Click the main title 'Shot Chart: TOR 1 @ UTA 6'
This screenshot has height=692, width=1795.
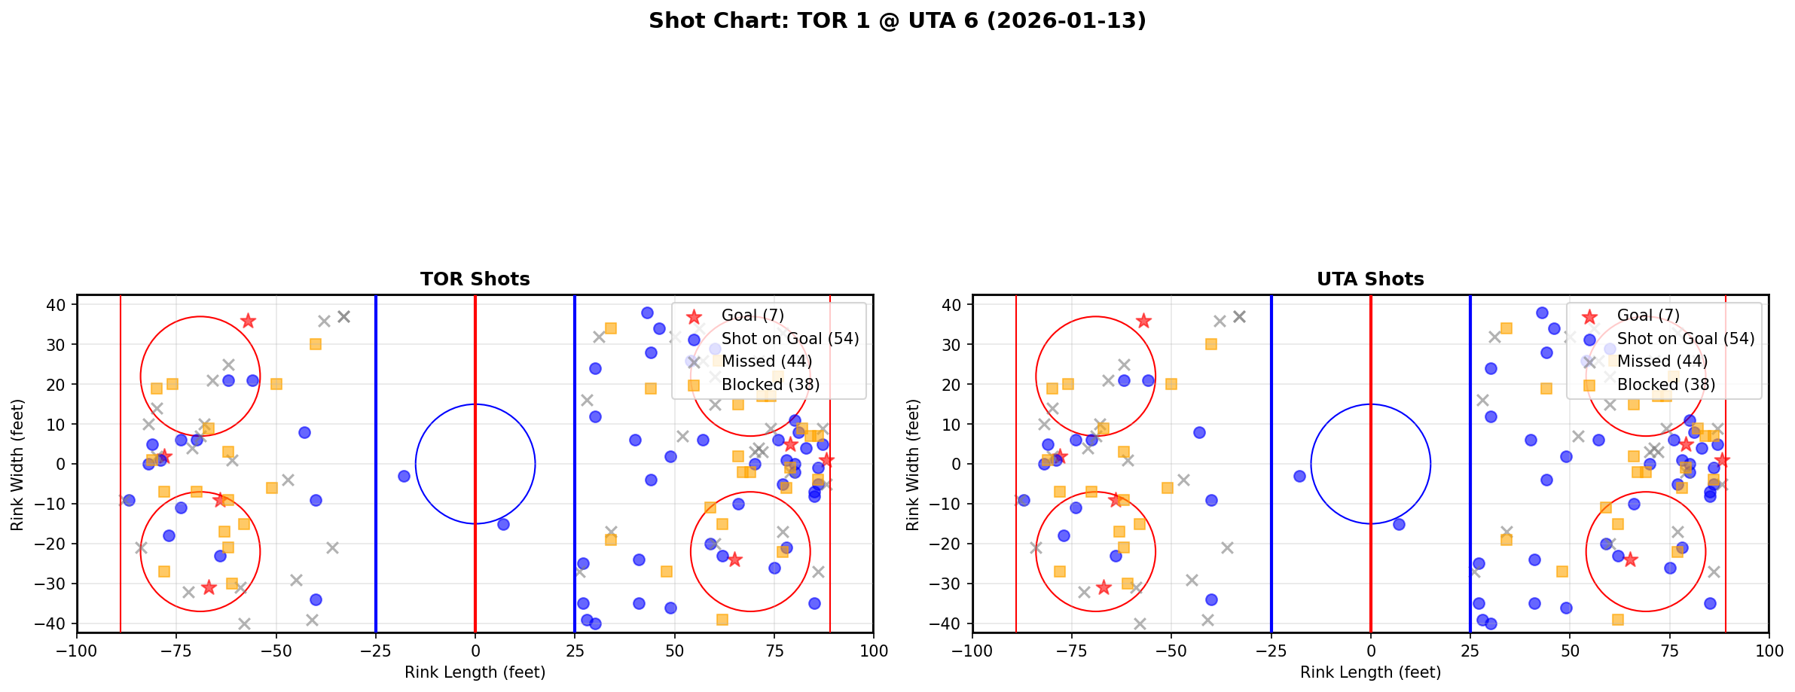(897, 20)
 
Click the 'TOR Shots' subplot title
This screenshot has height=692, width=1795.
(475, 279)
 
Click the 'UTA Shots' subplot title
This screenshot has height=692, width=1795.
(1370, 279)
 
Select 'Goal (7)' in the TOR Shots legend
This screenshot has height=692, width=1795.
(752, 316)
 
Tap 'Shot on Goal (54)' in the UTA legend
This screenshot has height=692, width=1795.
(1686, 339)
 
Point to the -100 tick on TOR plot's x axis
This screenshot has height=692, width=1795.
(77, 651)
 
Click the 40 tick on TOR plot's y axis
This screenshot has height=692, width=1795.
(61, 304)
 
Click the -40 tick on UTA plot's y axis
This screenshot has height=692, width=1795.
(951, 623)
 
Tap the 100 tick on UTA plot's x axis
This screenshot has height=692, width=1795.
(1768, 651)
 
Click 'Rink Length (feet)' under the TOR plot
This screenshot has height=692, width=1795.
(475, 672)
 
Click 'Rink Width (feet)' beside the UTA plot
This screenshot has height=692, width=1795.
(913, 465)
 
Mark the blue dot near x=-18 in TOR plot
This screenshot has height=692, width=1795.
(404, 476)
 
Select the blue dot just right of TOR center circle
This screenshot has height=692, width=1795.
(503, 524)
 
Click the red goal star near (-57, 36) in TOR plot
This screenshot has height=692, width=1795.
(248, 321)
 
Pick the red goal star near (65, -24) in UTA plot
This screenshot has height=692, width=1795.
(1629, 559)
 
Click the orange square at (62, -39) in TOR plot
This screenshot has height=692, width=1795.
(722, 620)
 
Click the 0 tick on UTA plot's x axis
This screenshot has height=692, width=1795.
(1370, 651)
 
